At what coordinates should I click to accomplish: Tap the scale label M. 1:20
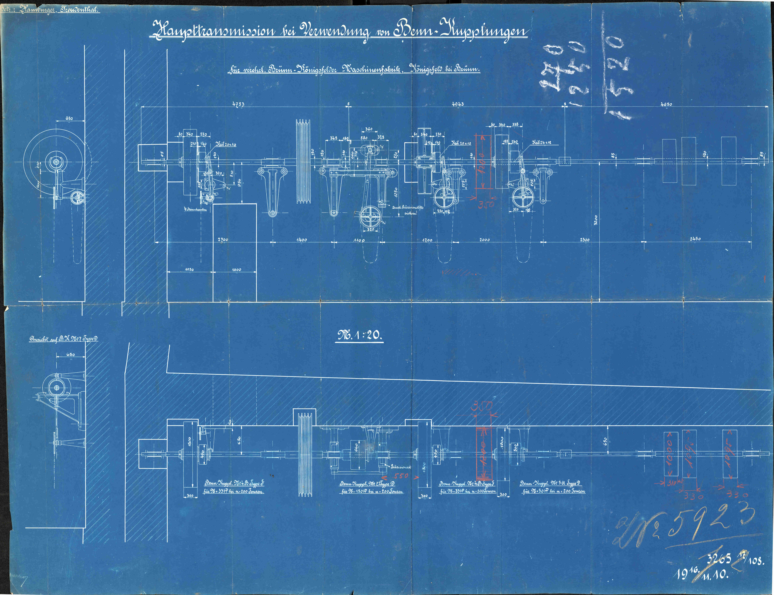(x=359, y=335)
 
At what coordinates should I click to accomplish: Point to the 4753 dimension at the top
(x=238, y=104)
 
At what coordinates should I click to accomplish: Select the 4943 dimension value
(x=458, y=104)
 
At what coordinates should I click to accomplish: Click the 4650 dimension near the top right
(x=666, y=104)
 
